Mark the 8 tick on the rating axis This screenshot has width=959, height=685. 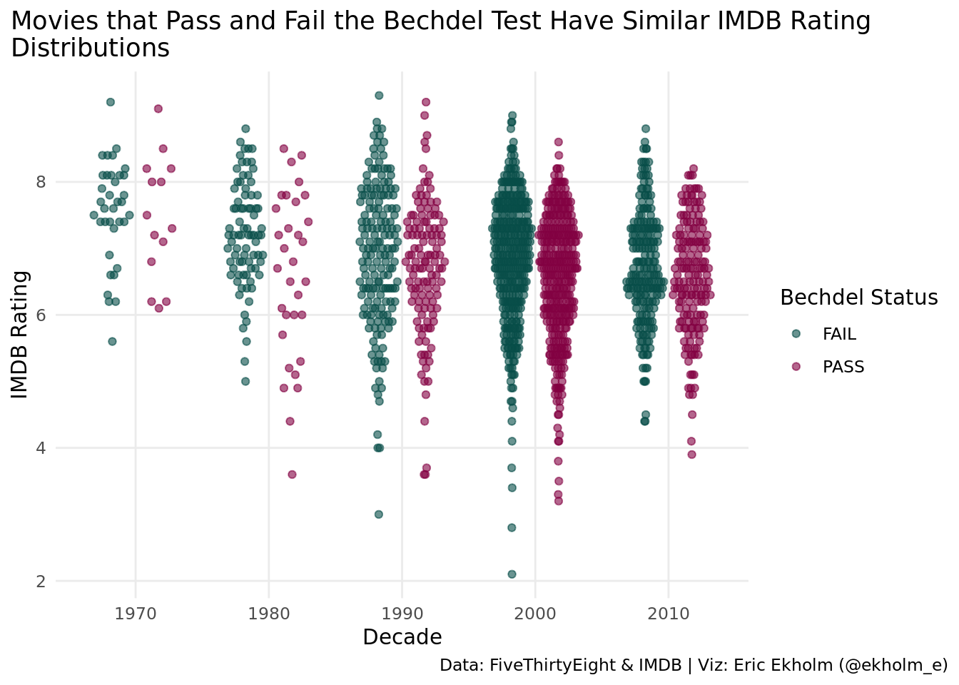(40, 182)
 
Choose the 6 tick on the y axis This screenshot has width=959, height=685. (40, 315)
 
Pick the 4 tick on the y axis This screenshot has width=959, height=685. (40, 448)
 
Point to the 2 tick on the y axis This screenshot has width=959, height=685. (40, 582)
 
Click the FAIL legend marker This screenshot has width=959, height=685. (797, 334)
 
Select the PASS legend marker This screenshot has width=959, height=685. (797, 367)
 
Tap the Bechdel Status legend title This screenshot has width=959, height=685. (858, 298)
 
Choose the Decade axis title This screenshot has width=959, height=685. (402, 637)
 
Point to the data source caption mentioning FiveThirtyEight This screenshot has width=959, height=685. (693, 665)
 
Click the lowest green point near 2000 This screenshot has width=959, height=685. (512, 574)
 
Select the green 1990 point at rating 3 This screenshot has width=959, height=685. (379, 514)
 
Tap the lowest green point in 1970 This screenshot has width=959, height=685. (112, 341)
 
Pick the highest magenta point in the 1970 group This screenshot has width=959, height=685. (158, 108)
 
